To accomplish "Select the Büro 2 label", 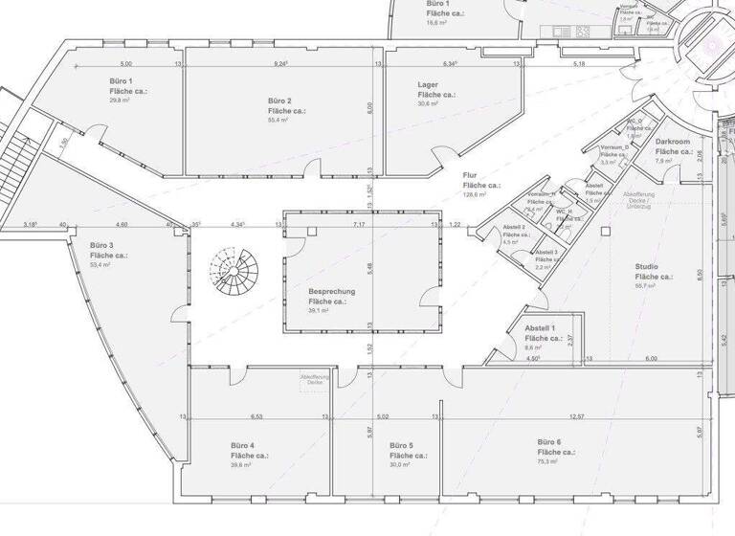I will pyautogui.click(x=279, y=100).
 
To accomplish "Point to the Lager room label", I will pyautogui.click(x=428, y=84).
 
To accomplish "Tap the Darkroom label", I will pyautogui.click(x=674, y=142).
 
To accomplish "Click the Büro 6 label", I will pyautogui.click(x=550, y=442).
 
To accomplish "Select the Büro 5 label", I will pyautogui.click(x=401, y=446).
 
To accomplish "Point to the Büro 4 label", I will pyautogui.click(x=242, y=446).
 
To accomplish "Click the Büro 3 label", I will pyautogui.click(x=102, y=246).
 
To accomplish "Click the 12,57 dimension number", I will pyautogui.click(x=577, y=416).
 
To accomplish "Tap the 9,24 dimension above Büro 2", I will pyautogui.click(x=281, y=64).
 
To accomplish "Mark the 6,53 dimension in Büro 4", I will pyautogui.click(x=256, y=416).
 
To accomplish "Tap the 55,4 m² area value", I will pyautogui.click(x=278, y=121).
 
